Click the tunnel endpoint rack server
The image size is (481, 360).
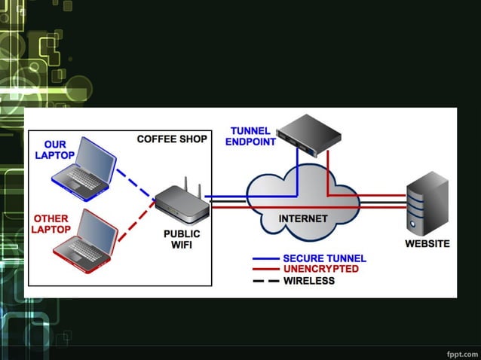308,136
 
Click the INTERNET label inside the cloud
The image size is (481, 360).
303,219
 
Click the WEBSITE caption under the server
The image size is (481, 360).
427,244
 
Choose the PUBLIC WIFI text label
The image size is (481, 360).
182,239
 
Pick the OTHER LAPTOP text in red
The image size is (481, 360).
51,224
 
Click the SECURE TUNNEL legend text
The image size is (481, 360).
324,258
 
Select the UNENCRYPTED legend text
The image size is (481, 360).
320,269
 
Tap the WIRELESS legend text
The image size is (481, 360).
308,280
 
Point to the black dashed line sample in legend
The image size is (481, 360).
265,280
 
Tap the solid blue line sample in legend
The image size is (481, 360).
265,258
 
